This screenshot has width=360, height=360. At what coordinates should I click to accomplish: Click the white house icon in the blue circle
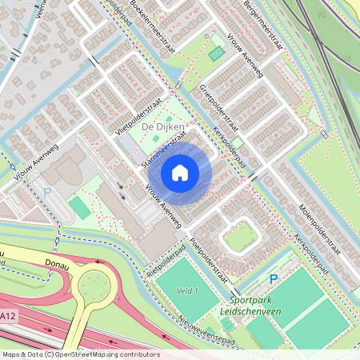(179, 173)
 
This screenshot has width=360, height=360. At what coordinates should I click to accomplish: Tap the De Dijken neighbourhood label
(163, 127)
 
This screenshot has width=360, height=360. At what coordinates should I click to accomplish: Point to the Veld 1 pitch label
(188, 291)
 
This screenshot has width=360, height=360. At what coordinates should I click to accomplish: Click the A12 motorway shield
(7, 318)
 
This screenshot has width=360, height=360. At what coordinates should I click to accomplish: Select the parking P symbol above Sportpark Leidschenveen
(273, 279)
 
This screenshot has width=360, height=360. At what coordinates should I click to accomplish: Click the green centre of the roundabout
(94, 282)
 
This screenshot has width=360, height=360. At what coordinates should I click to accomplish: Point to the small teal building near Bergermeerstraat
(217, 53)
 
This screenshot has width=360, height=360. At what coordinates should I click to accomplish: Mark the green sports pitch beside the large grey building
(79, 207)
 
